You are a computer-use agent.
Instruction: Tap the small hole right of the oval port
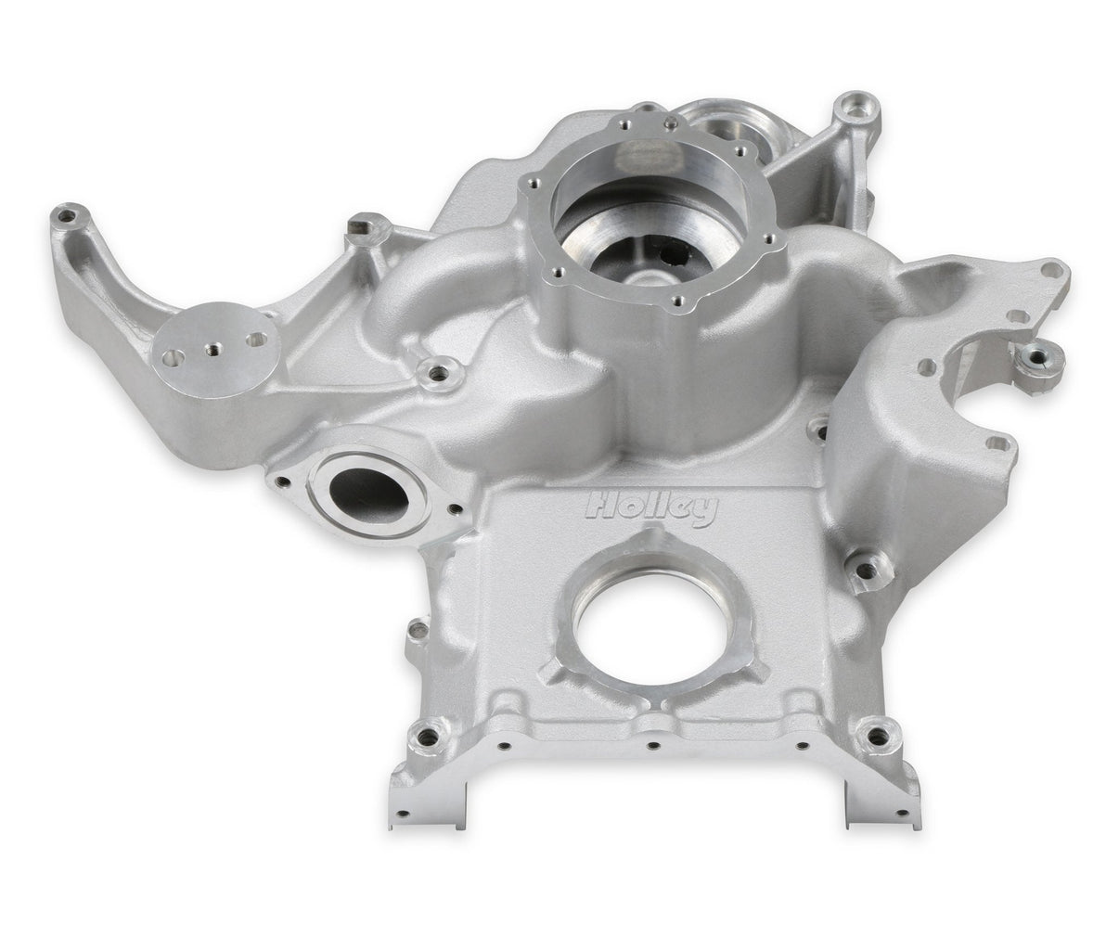[454, 509]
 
